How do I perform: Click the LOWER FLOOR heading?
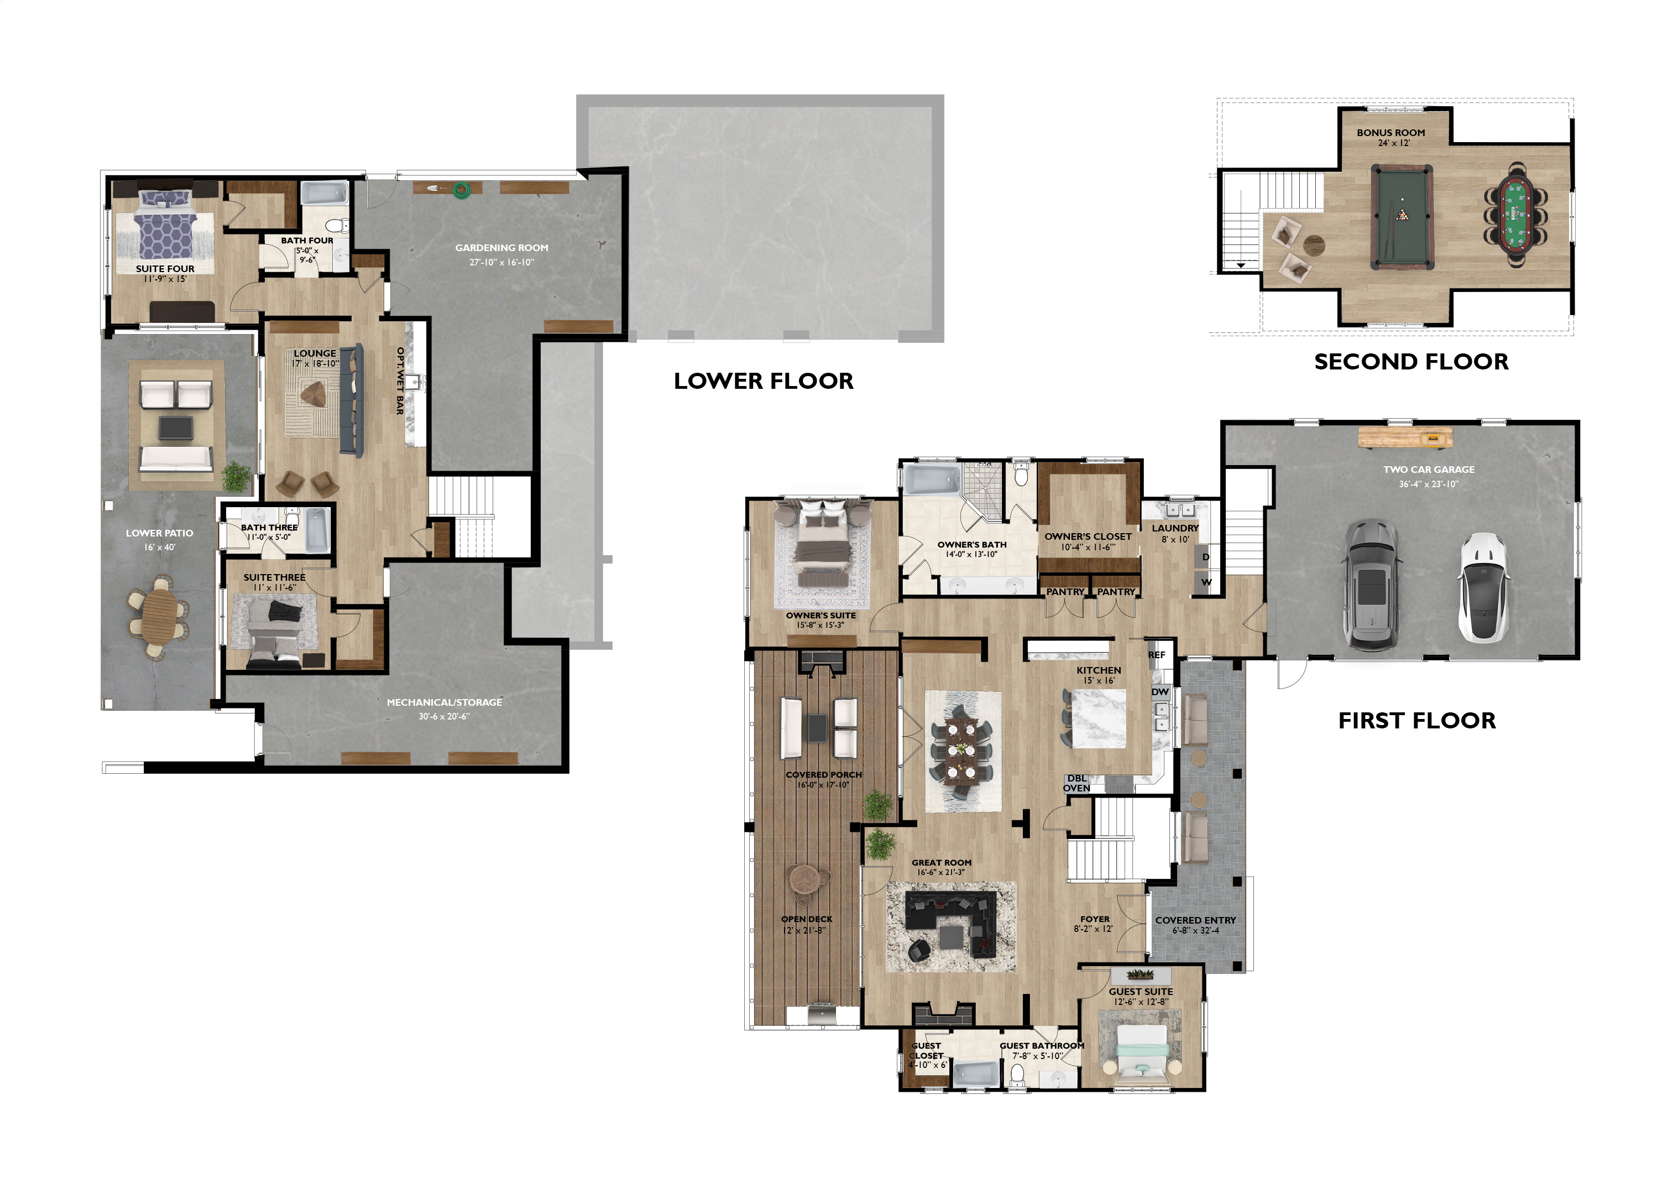point(764,381)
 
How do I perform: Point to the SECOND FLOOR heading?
point(1411,361)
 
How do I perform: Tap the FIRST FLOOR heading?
point(1417,721)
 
